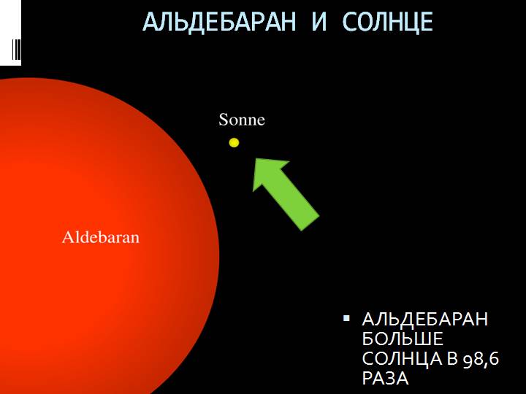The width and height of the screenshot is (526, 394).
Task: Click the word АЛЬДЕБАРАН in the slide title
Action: click(219, 22)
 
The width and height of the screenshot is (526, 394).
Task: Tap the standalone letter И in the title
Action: click(319, 21)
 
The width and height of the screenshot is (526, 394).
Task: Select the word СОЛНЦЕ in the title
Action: click(388, 22)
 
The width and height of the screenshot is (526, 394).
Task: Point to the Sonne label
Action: click(242, 120)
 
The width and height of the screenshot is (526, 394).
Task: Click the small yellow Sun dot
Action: click(234, 143)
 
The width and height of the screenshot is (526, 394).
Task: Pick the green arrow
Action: click(285, 193)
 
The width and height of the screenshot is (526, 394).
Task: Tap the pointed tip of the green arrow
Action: click(256, 158)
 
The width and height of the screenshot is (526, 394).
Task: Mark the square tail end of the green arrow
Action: click(310, 223)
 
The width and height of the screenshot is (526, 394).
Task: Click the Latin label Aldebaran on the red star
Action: click(101, 237)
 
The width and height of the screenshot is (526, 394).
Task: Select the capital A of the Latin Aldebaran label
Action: click(67, 237)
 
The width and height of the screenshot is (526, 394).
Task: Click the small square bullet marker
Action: click(346, 318)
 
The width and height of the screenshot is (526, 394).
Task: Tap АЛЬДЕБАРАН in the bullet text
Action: click(425, 319)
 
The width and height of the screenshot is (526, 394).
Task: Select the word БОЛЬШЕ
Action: click(403, 339)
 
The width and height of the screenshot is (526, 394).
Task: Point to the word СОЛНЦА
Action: click(403, 358)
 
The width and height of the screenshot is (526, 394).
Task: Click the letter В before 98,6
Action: click(452, 358)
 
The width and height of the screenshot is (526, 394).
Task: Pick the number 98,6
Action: click(481, 359)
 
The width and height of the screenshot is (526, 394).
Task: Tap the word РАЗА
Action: click(386, 378)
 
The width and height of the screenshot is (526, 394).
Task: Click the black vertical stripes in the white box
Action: click(16, 50)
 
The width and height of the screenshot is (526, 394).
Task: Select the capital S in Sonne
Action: click(224, 120)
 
